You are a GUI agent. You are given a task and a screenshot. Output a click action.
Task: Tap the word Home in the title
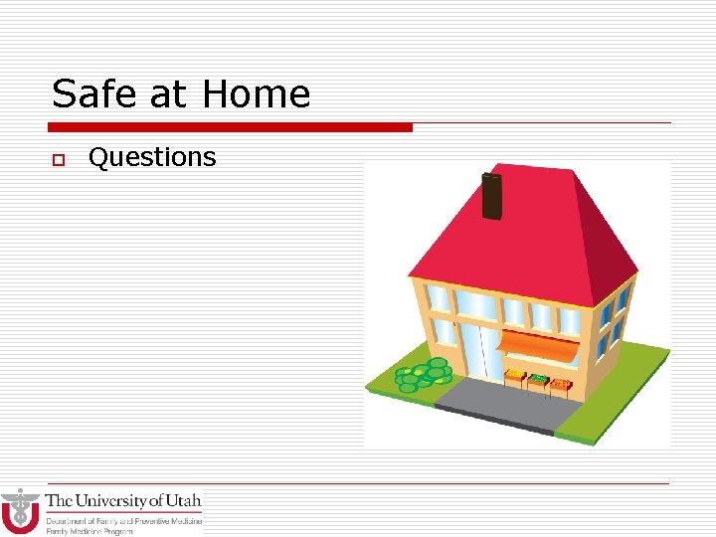256,94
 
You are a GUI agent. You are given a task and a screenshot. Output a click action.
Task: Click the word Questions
152,157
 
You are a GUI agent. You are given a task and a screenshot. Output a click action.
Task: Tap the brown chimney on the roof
490,196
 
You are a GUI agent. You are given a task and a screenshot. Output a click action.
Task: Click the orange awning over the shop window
537,344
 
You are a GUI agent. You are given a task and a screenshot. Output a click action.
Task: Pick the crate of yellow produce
515,379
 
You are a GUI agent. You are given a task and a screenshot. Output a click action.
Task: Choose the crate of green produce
538,381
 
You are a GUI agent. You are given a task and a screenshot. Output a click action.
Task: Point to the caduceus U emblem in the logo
20,511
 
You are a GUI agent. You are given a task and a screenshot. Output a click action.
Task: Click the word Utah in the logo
184,500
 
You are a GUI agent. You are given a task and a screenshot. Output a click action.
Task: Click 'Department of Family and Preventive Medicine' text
124,520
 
